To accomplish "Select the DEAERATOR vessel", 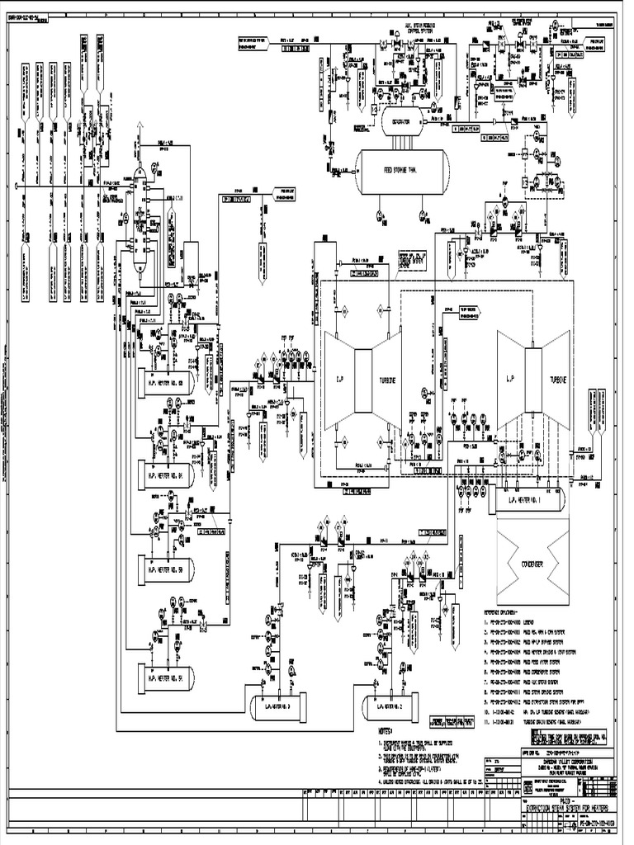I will (402, 120).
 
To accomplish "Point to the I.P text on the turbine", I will (339, 379).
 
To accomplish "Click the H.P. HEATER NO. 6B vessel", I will (166, 382).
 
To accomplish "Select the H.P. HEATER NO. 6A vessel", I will (166, 475).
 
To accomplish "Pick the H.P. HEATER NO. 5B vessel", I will (166, 570).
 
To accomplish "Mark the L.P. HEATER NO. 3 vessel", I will (277, 706).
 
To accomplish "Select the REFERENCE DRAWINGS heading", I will (513, 612).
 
